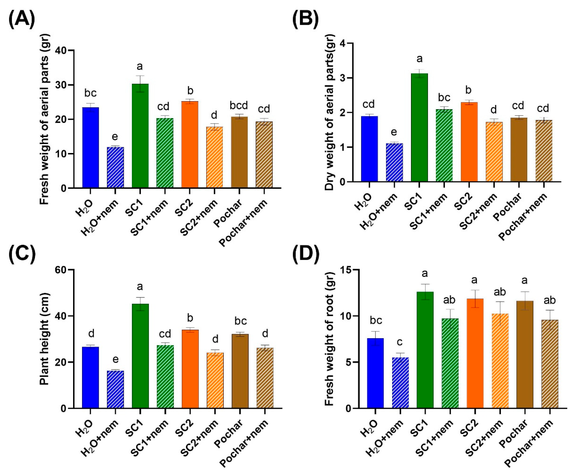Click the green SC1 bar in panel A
pos(140,136)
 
